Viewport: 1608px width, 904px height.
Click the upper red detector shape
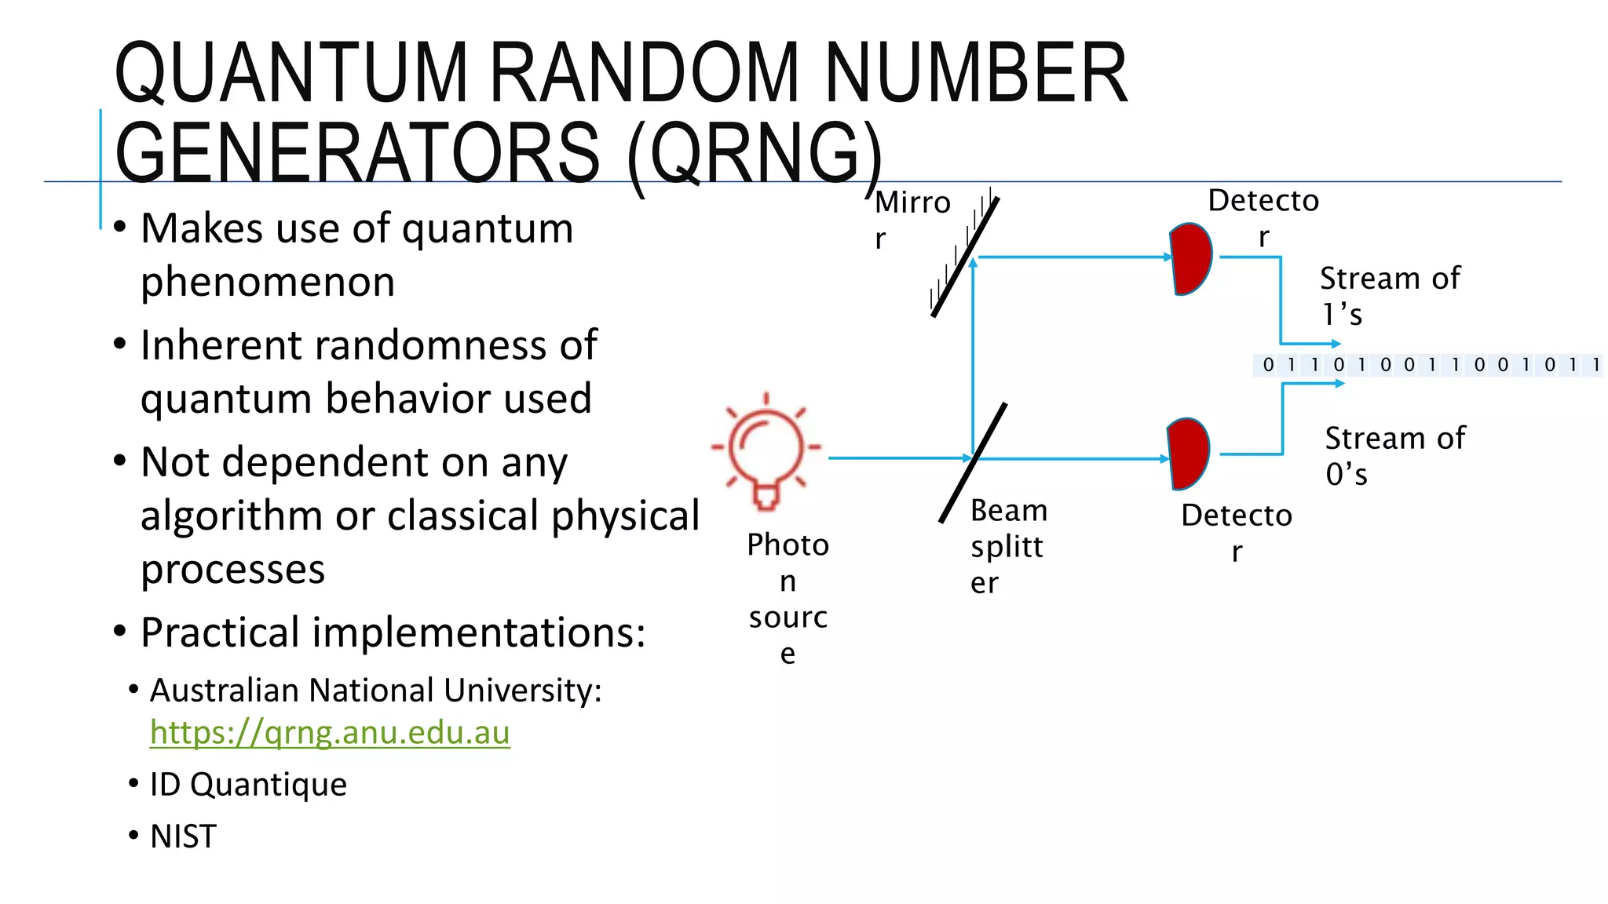pyautogui.click(x=1191, y=259)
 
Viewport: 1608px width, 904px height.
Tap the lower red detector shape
pyautogui.click(x=1189, y=454)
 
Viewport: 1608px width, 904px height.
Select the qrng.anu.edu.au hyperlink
pyautogui.click(x=330, y=732)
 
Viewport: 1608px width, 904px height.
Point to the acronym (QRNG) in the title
pyautogui.click(x=755, y=154)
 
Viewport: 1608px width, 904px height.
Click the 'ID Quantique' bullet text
pyautogui.click(x=248, y=784)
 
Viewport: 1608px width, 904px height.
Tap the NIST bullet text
pyautogui.click(x=183, y=837)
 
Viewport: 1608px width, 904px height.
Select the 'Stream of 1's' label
pyautogui.click(x=1389, y=296)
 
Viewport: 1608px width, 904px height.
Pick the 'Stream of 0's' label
pyautogui.click(x=1394, y=456)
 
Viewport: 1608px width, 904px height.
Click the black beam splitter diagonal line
pyautogui.click(x=974, y=462)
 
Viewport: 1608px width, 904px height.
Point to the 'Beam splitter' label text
pyautogui.click(x=1008, y=546)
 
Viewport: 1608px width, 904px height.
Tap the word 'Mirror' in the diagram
pyautogui.click(x=912, y=219)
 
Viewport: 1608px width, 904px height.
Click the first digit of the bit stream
pyautogui.click(x=1268, y=365)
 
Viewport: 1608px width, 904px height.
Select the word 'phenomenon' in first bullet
pyautogui.click(x=268, y=282)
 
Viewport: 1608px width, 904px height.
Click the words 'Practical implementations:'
pyautogui.click(x=393, y=632)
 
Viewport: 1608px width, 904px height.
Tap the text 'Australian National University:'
pyautogui.click(x=375, y=691)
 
